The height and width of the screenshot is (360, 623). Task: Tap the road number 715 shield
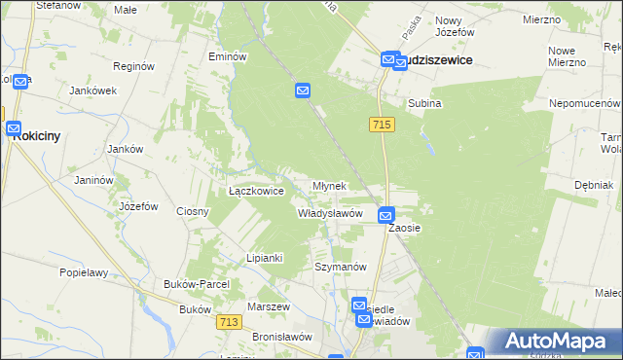click(x=382, y=125)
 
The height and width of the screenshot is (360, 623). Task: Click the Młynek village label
click(x=329, y=186)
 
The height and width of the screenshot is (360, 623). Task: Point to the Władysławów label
click(x=330, y=213)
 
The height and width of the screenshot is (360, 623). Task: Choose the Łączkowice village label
click(x=256, y=192)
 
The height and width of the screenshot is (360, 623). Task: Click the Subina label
click(x=424, y=103)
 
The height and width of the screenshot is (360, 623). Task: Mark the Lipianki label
click(x=264, y=258)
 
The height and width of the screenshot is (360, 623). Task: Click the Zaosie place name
click(x=404, y=228)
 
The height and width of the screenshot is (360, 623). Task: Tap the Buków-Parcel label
click(x=197, y=284)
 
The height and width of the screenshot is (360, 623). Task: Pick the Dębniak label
click(x=593, y=184)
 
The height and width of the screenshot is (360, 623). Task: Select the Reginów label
click(x=134, y=67)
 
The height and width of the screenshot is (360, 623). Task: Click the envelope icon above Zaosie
click(x=385, y=216)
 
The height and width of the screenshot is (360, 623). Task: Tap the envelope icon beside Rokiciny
click(x=14, y=127)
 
